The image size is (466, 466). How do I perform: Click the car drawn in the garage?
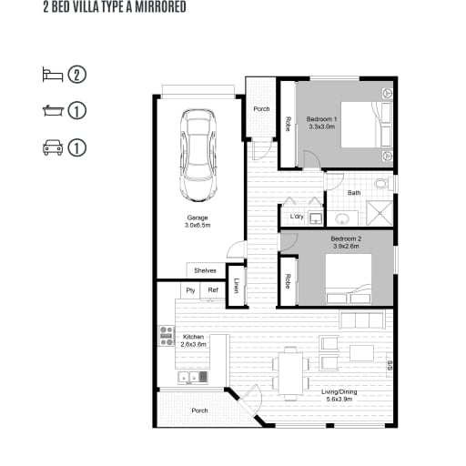[198, 155]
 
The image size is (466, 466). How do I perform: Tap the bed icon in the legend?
[53, 75]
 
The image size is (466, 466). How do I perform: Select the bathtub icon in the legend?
[53, 110]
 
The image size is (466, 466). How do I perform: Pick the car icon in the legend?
[53, 147]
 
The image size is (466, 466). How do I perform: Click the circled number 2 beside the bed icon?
[76, 75]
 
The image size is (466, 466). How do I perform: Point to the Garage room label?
[198, 221]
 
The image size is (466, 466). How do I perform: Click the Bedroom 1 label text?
[321, 123]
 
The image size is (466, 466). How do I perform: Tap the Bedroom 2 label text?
[346, 242]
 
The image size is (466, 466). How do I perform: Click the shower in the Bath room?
[380, 213]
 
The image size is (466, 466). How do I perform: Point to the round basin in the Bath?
[343, 218]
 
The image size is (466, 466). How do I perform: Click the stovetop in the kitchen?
[167, 336]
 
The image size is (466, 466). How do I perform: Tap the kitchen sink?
[192, 377]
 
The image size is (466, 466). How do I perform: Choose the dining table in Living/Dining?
[290, 373]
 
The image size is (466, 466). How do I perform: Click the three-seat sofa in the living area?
[362, 319]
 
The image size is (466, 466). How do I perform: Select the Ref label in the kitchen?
[213, 290]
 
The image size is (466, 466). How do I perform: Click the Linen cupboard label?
[237, 286]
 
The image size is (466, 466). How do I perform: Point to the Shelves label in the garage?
[205, 270]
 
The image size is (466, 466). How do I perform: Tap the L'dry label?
[297, 217]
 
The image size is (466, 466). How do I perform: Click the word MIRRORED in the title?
[160, 7]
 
